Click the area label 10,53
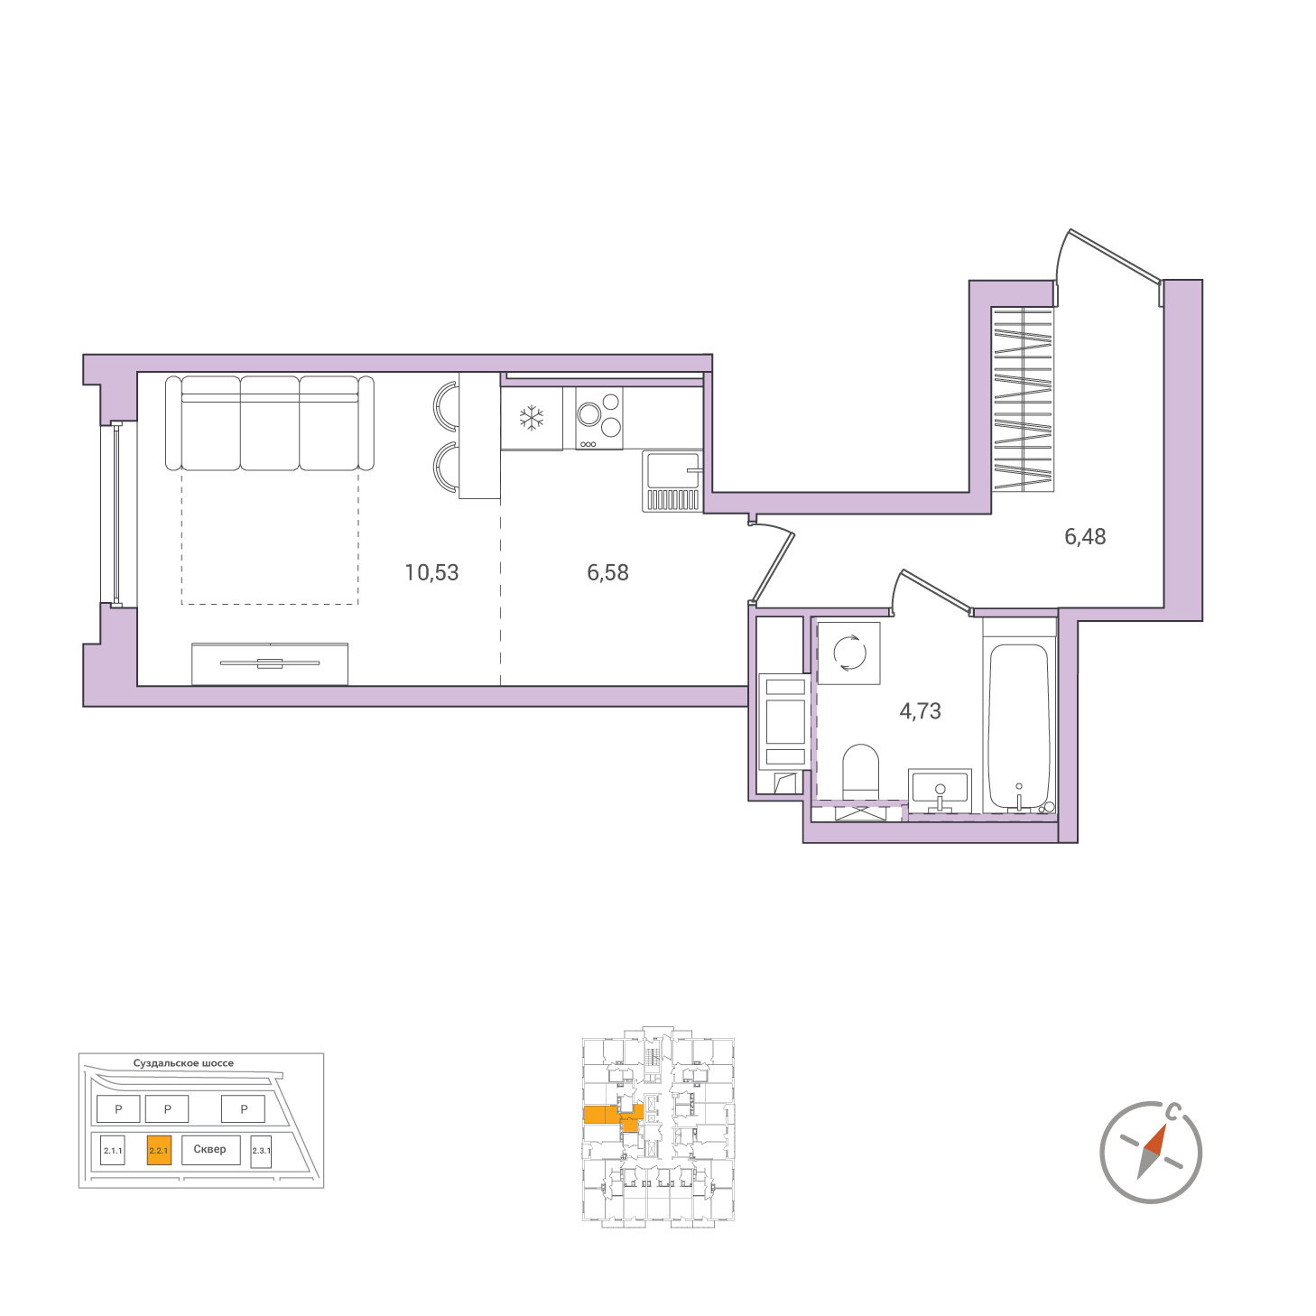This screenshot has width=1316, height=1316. coord(431,572)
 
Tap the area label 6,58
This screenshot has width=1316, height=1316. coord(607,572)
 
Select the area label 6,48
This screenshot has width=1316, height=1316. coord(1085,537)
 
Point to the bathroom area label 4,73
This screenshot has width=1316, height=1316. coord(920,711)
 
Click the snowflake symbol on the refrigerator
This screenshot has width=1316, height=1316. coord(532,418)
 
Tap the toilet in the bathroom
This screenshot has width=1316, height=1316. coord(860,771)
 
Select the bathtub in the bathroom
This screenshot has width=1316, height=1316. coord(1018,728)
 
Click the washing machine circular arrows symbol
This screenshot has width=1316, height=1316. coord(849,653)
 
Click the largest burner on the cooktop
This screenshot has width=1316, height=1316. coord(588,414)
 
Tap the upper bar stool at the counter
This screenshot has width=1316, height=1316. coord(445,406)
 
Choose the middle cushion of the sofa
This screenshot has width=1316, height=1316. coord(269,423)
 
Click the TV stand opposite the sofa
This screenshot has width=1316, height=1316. coord(270,663)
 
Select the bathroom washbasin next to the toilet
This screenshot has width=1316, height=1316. coord(940,790)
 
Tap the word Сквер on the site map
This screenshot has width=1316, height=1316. coord(209,1149)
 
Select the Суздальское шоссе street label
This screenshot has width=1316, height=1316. coord(183,1062)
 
